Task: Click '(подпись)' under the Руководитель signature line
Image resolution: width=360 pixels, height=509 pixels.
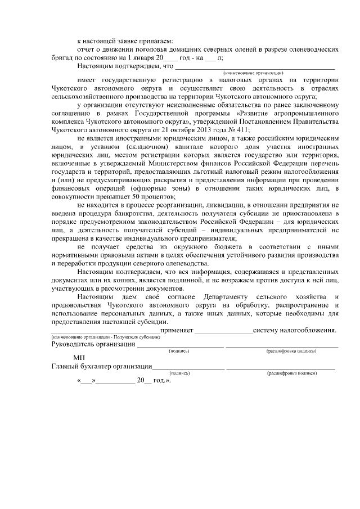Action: pyautogui.click(x=179, y=350)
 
